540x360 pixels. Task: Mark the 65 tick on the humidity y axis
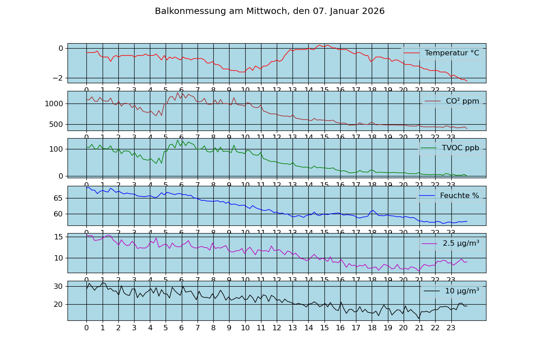tap(58, 198)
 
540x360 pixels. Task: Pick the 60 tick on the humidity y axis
tap(58, 214)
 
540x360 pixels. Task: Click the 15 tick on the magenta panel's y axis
tap(58, 237)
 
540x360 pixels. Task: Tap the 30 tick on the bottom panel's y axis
tap(58, 286)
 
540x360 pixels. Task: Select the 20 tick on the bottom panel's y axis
tap(58, 304)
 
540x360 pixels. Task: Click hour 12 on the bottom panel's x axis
tap(277, 328)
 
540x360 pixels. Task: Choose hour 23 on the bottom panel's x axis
tap(451, 328)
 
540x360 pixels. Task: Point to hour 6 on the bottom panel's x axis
tap(181, 328)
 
